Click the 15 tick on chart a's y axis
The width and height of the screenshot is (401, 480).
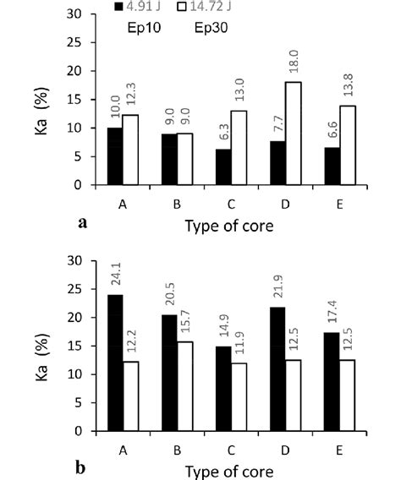click(x=76, y=100)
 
